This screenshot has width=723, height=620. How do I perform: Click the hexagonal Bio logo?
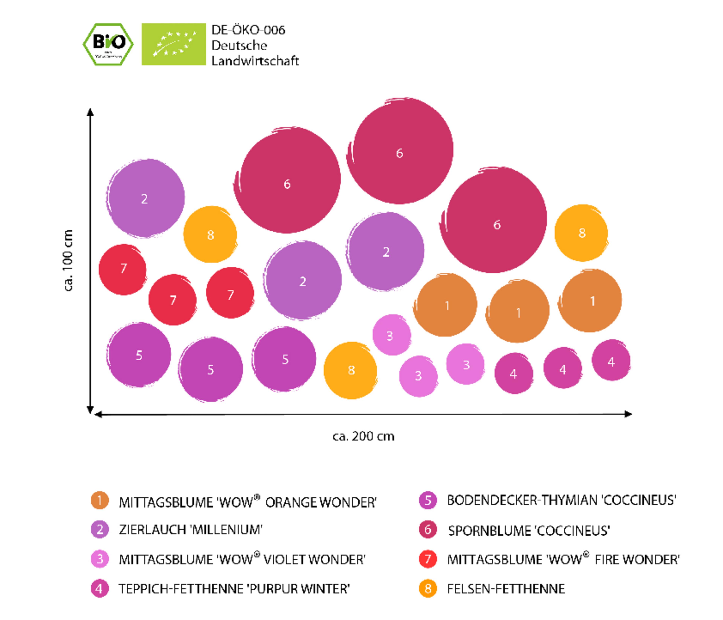click(108, 44)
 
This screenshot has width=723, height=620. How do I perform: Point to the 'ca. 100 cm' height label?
click(68, 260)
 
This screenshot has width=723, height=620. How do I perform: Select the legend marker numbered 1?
click(100, 500)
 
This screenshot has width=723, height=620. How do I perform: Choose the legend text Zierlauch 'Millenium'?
click(191, 530)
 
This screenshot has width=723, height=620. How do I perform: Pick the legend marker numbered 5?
click(428, 500)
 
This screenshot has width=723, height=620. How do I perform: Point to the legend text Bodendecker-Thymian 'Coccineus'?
click(561, 500)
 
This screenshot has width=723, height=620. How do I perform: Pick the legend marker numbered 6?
click(428, 530)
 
